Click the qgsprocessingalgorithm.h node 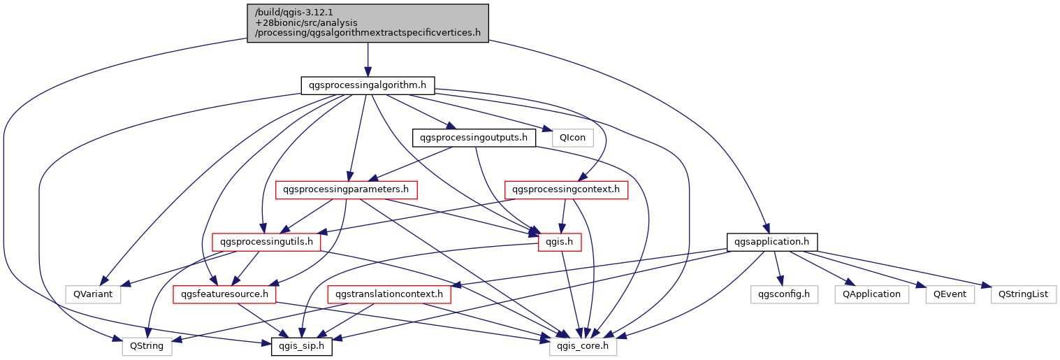coord(368,85)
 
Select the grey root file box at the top coord(368,22)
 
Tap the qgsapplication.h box coord(771,242)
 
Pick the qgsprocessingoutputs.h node coord(474,138)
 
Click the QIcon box coord(572,138)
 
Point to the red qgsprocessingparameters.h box coord(347,189)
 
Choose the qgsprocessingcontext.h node coord(566,189)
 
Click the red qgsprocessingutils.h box coord(266,242)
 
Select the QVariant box coord(93,294)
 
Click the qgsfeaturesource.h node coord(224,294)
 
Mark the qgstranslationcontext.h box coord(389,294)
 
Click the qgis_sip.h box coord(302,346)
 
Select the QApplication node coord(871,294)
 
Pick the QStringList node coord(1023,294)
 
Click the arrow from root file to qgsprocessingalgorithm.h coord(368,59)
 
